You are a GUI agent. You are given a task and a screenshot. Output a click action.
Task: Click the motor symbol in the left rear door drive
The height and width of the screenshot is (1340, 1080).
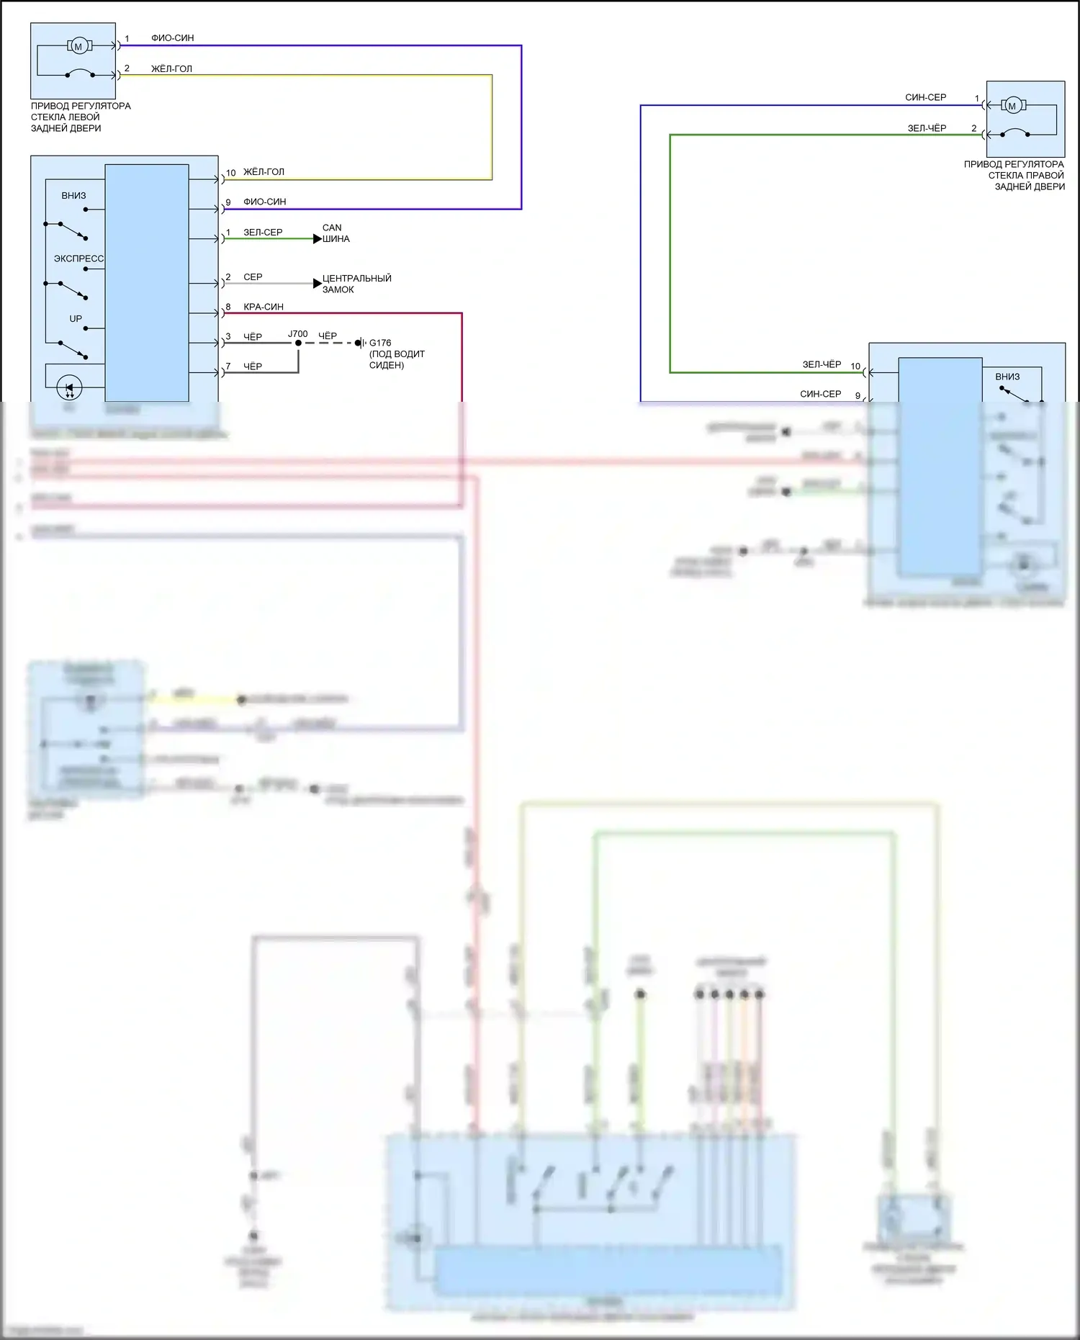[78, 46]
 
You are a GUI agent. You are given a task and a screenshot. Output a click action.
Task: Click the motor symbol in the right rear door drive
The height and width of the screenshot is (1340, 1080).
[1012, 106]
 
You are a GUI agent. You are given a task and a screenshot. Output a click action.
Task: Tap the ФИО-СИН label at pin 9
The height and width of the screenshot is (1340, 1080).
[264, 202]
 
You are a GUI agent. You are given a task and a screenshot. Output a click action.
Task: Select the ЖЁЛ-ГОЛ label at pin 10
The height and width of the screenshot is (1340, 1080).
[264, 172]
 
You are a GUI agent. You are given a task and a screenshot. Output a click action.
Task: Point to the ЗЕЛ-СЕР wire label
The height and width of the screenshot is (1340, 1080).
[263, 233]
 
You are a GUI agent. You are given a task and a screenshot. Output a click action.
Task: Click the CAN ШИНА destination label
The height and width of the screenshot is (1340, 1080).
[336, 233]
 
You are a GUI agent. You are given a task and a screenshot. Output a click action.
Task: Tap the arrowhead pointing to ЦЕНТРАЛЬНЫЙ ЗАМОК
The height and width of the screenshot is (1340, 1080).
[317, 284]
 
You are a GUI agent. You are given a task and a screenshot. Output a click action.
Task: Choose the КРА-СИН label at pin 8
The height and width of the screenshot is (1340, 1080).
[264, 307]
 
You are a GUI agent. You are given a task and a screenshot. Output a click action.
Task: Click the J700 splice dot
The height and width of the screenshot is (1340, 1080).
[298, 343]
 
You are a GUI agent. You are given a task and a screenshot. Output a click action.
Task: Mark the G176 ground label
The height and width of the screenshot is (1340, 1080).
[380, 343]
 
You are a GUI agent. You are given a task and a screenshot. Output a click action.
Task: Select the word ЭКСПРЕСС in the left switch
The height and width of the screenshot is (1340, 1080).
[78, 258]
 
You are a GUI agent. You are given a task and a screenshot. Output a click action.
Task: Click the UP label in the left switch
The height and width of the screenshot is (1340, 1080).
[76, 318]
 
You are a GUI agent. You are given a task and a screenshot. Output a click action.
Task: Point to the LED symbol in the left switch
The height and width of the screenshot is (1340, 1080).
[69, 388]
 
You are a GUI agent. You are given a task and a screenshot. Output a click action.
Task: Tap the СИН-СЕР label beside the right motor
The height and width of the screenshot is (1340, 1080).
[925, 97]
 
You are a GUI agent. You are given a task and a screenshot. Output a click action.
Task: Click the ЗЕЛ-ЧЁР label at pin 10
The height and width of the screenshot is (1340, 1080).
[822, 364]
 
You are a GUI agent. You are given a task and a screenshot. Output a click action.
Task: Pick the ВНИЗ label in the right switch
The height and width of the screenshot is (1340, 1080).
[1007, 377]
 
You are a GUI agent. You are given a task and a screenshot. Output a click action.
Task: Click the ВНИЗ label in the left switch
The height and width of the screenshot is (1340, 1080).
[73, 195]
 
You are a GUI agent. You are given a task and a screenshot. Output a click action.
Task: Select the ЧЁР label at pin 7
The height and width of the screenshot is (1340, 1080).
[253, 367]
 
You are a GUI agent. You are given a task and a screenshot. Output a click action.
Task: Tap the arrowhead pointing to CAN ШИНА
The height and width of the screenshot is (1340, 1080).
[317, 239]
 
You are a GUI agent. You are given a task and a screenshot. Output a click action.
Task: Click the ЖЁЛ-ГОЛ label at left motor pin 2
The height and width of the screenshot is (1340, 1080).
[171, 69]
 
